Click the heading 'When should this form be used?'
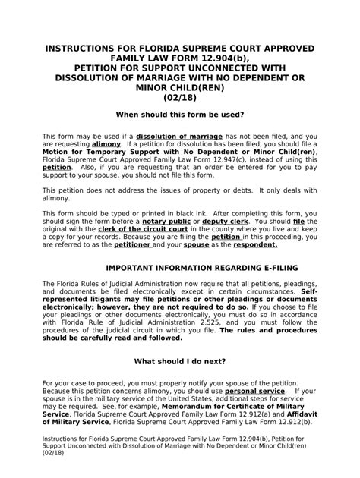(x=179, y=114)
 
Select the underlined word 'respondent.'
(x=259, y=245)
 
